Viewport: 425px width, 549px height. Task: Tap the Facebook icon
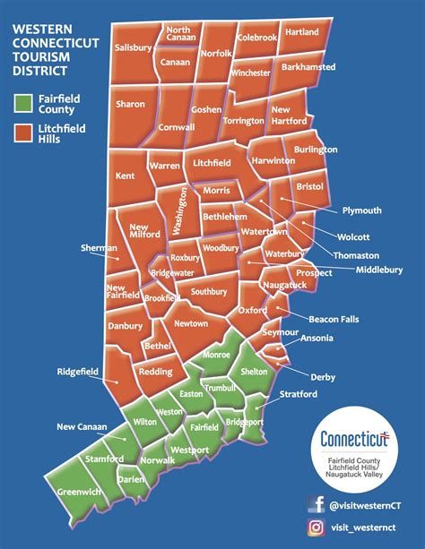point(316,506)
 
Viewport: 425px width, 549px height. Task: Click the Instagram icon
point(316,528)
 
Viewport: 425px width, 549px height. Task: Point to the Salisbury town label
point(133,48)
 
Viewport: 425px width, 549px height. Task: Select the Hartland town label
point(301,31)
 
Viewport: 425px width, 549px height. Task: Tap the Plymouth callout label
point(361,210)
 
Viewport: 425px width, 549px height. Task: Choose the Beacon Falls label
point(334,320)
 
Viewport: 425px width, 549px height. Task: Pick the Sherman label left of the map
point(98,248)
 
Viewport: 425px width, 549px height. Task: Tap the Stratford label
point(299,394)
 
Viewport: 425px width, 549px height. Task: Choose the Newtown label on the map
point(191,323)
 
